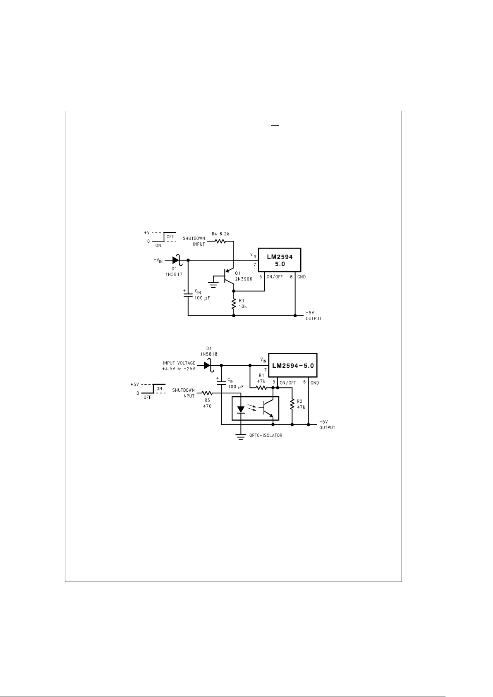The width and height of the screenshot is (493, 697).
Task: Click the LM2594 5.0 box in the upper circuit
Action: tap(279, 260)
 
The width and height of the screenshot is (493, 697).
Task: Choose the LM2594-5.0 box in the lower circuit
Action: tap(292, 365)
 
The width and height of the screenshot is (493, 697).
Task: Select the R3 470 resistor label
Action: tap(207, 403)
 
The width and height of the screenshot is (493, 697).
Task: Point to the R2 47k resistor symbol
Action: tap(292, 405)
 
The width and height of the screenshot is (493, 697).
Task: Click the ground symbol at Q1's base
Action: tap(213, 283)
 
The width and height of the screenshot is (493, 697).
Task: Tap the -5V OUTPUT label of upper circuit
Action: tap(313, 316)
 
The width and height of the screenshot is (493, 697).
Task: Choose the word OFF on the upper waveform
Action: tap(170, 237)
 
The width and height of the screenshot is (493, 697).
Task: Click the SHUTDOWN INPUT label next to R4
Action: tap(194, 241)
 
